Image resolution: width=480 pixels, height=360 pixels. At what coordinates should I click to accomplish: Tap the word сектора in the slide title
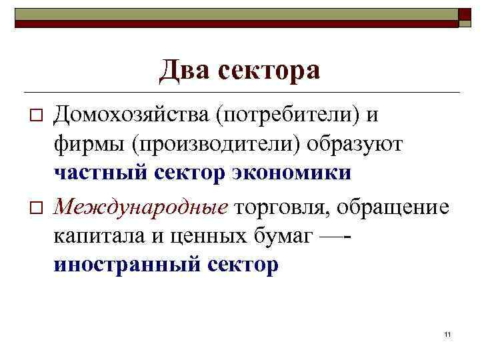[x=270, y=70]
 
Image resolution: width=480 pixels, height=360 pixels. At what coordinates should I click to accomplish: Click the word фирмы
[x=84, y=144]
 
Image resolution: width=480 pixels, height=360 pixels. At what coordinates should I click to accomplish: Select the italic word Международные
[x=141, y=207]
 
